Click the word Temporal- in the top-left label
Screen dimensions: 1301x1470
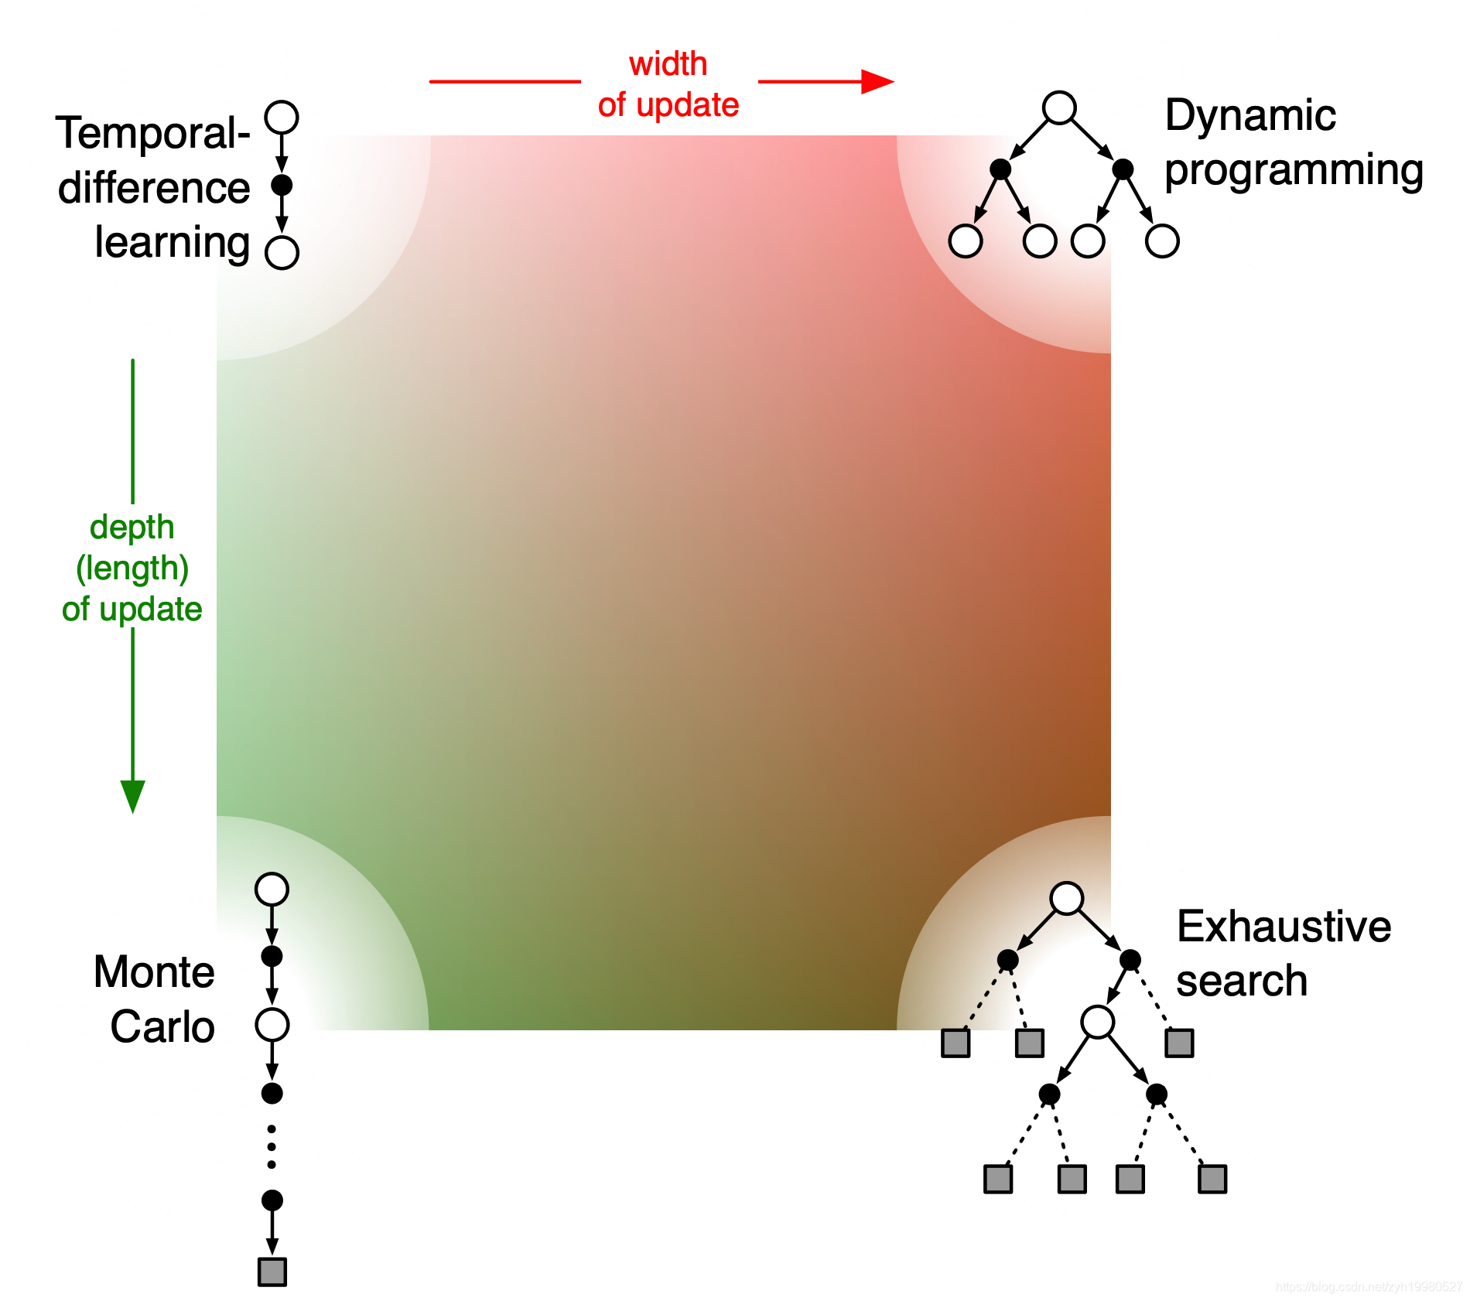(x=152, y=133)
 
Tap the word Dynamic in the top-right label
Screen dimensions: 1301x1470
(x=1250, y=116)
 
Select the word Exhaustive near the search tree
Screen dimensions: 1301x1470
(x=1284, y=927)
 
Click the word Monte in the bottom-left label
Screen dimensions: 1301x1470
(x=154, y=972)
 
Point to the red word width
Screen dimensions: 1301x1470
(x=668, y=64)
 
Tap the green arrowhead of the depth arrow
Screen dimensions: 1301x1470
(x=133, y=796)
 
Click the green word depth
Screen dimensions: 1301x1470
(x=132, y=528)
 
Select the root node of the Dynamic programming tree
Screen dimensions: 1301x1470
(x=1059, y=108)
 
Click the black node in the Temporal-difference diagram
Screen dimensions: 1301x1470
(x=282, y=185)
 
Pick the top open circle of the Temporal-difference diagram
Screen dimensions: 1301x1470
(x=282, y=118)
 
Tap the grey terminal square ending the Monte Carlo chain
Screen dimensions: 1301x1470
(x=272, y=1272)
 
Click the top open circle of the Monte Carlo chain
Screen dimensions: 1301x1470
(x=272, y=890)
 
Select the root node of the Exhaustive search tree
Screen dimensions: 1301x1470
(x=1067, y=898)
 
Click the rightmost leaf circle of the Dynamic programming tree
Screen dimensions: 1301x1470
(x=1162, y=241)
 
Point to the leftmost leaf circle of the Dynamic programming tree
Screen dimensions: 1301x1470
(x=966, y=241)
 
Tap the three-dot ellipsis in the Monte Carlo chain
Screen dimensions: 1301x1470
(x=272, y=1147)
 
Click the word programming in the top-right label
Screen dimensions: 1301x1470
(x=1294, y=172)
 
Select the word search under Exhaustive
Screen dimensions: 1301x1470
(x=1242, y=982)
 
